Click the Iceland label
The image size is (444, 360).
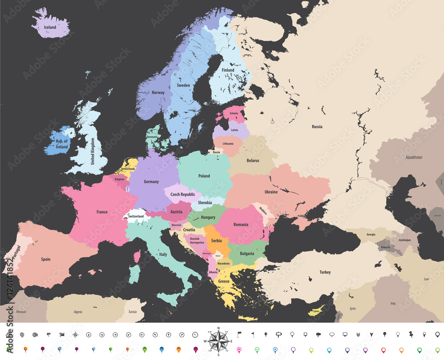[x=50, y=27]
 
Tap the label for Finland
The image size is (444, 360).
[x=228, y=70]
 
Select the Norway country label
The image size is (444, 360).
[x=158, y=93]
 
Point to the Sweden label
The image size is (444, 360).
[x=183, y=85]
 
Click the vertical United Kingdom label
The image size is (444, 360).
[x=93, y=151]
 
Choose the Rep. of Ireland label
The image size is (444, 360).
[x=62, y=144]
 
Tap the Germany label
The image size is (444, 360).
[x=151, y=182]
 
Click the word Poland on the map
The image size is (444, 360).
[x=204, y=176]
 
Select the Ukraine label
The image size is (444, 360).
[x=271, y=192]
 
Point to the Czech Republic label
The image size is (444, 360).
[x=183, y=194]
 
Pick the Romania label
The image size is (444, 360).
[x=241, y=225]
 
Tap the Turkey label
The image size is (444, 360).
[x=325, y=272]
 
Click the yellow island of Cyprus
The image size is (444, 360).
[x=316, y=310]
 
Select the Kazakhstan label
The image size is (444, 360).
[x=414, y=158]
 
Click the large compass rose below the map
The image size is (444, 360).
[x=218, y=341]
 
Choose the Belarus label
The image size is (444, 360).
[x=253, y=160]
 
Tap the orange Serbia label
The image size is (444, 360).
[x=216, y=241]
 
